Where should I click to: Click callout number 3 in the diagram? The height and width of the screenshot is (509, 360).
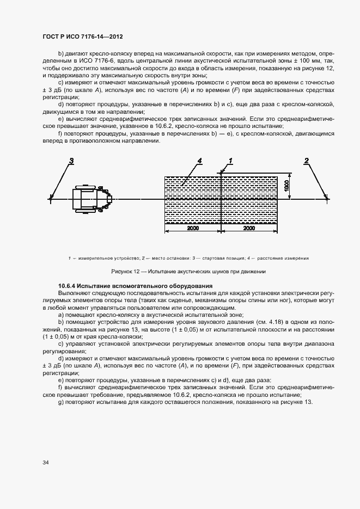pyautogui.click(x=71, y=161)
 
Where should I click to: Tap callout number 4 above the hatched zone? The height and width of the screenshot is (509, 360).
pyautogui.click(x=199, y=161)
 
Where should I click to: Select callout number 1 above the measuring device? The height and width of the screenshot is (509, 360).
pyautogui.click(x=230, y=161)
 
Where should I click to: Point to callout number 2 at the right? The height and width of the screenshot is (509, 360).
pyautogui.click(x=307, y=161)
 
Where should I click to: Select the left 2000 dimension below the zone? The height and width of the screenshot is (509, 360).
pyautogui.click(x=193, y=229)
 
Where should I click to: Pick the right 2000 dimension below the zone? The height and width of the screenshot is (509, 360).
pyautogui.click(x=249, y=229)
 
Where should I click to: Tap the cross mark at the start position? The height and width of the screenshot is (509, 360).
pyautogui.click(x=50, y=199)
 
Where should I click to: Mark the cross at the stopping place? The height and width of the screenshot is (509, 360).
pyautogui.click(x=327, y=199)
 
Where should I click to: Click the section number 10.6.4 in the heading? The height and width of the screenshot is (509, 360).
pyautogui.click(x=67, y=286)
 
